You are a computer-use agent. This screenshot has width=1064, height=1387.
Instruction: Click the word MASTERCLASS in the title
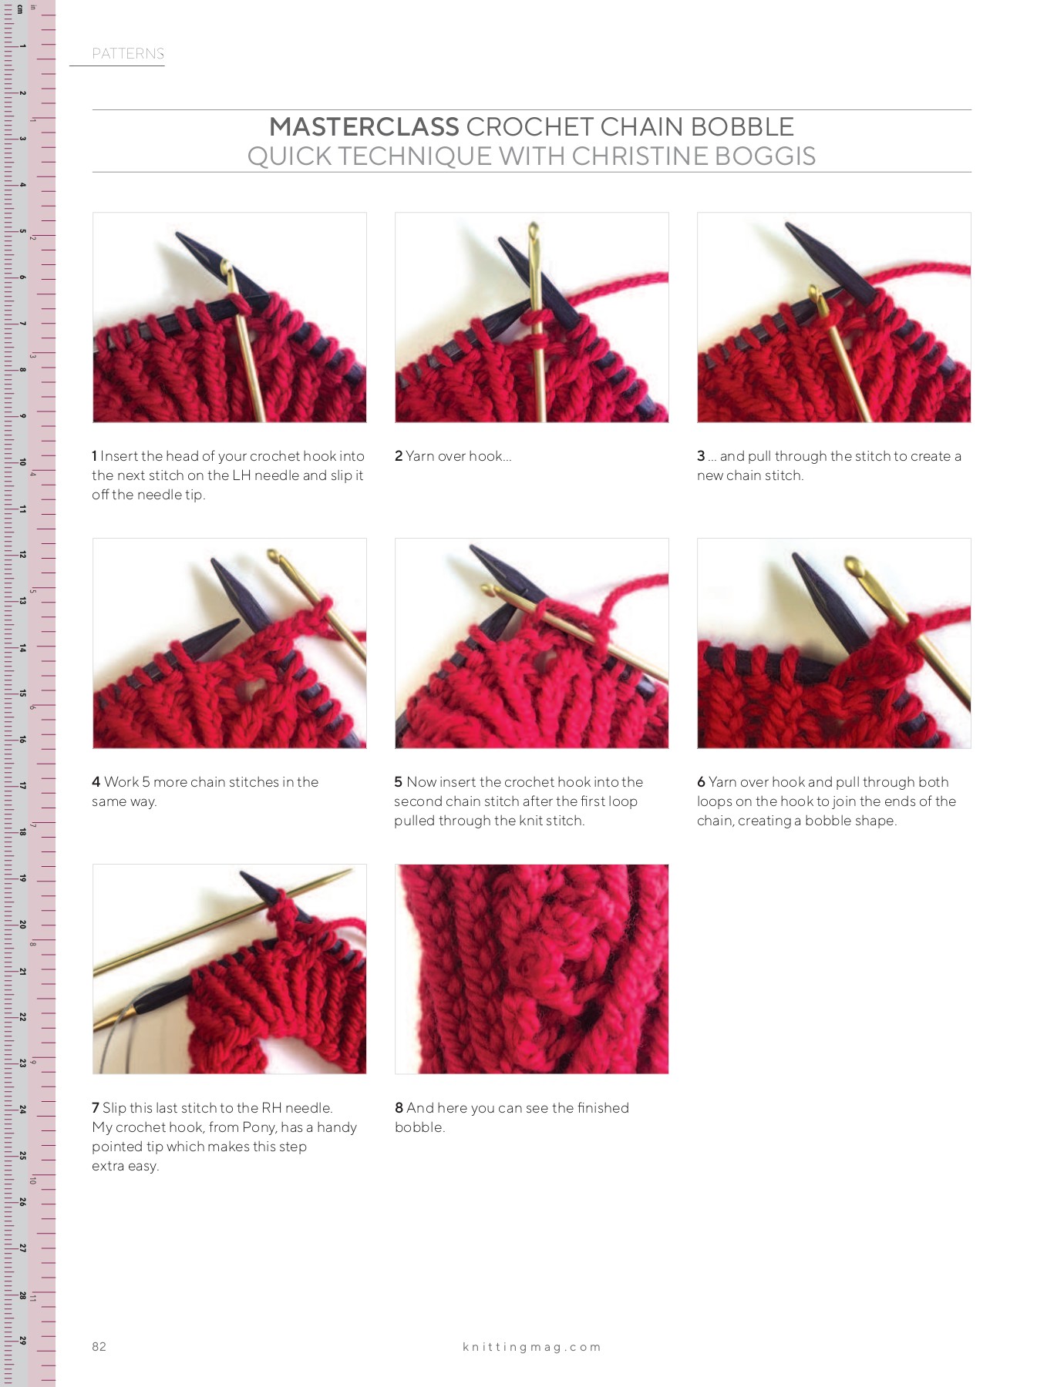[364, 127]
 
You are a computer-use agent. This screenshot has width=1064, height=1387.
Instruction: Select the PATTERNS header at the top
[128, 54]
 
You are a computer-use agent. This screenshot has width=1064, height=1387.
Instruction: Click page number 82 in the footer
[99, 1346]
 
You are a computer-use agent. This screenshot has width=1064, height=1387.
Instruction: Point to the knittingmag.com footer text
[531, 1347]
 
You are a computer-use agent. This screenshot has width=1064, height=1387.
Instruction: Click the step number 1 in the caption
[95, 456]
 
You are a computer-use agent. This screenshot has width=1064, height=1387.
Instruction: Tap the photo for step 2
[531, 317]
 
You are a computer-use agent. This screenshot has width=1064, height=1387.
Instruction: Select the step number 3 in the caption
[701, 456]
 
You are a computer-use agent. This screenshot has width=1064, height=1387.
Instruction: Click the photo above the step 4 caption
[229, 643]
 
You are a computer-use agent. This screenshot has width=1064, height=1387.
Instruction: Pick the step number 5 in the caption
[399, 782]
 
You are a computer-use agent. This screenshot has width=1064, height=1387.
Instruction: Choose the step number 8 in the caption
[399, 1108]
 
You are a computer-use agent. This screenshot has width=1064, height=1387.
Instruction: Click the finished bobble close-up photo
[531, 969]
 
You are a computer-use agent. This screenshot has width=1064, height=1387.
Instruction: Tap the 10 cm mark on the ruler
[23, 462]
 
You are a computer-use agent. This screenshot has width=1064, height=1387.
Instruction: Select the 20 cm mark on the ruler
[23, 925]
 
